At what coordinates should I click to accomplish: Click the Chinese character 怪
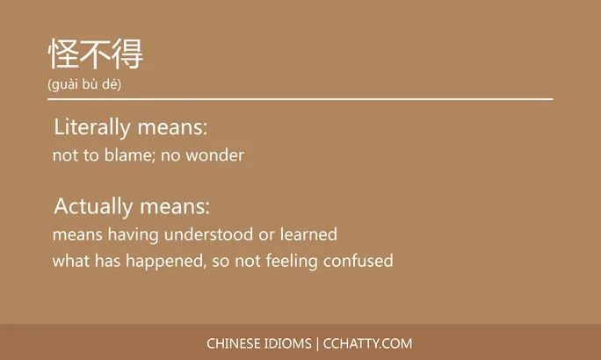63,54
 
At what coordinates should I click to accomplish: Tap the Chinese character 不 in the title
95,54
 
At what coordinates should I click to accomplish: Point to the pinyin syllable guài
67,84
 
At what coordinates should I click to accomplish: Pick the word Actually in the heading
91,206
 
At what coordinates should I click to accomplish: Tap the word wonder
220,156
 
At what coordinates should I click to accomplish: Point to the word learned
308,235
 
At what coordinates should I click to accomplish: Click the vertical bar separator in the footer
317,343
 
